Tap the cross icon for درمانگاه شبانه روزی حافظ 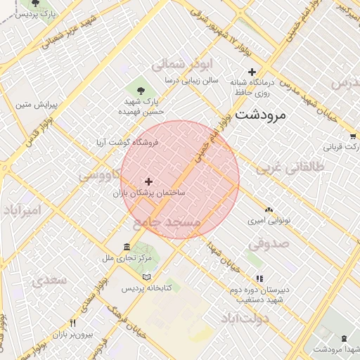tap(252, 71)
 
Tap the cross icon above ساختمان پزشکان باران tap(148, 181)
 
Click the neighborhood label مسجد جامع tap(167, 222)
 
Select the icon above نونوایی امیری tap(269, 210)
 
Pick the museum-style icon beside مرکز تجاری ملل tap(127, 247)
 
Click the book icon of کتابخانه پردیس tap(146, 276)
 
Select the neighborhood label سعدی tap(49, 280)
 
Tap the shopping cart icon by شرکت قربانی tap(352, 136)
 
